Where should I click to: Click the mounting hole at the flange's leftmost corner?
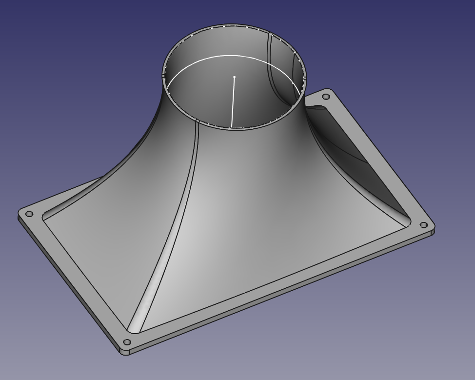click(29, 214)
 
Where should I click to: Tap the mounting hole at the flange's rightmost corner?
click(423, 225)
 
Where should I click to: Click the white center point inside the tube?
click(235, 77)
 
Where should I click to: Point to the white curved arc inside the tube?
click(205, 61)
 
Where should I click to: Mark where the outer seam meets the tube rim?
click(197, 120)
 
